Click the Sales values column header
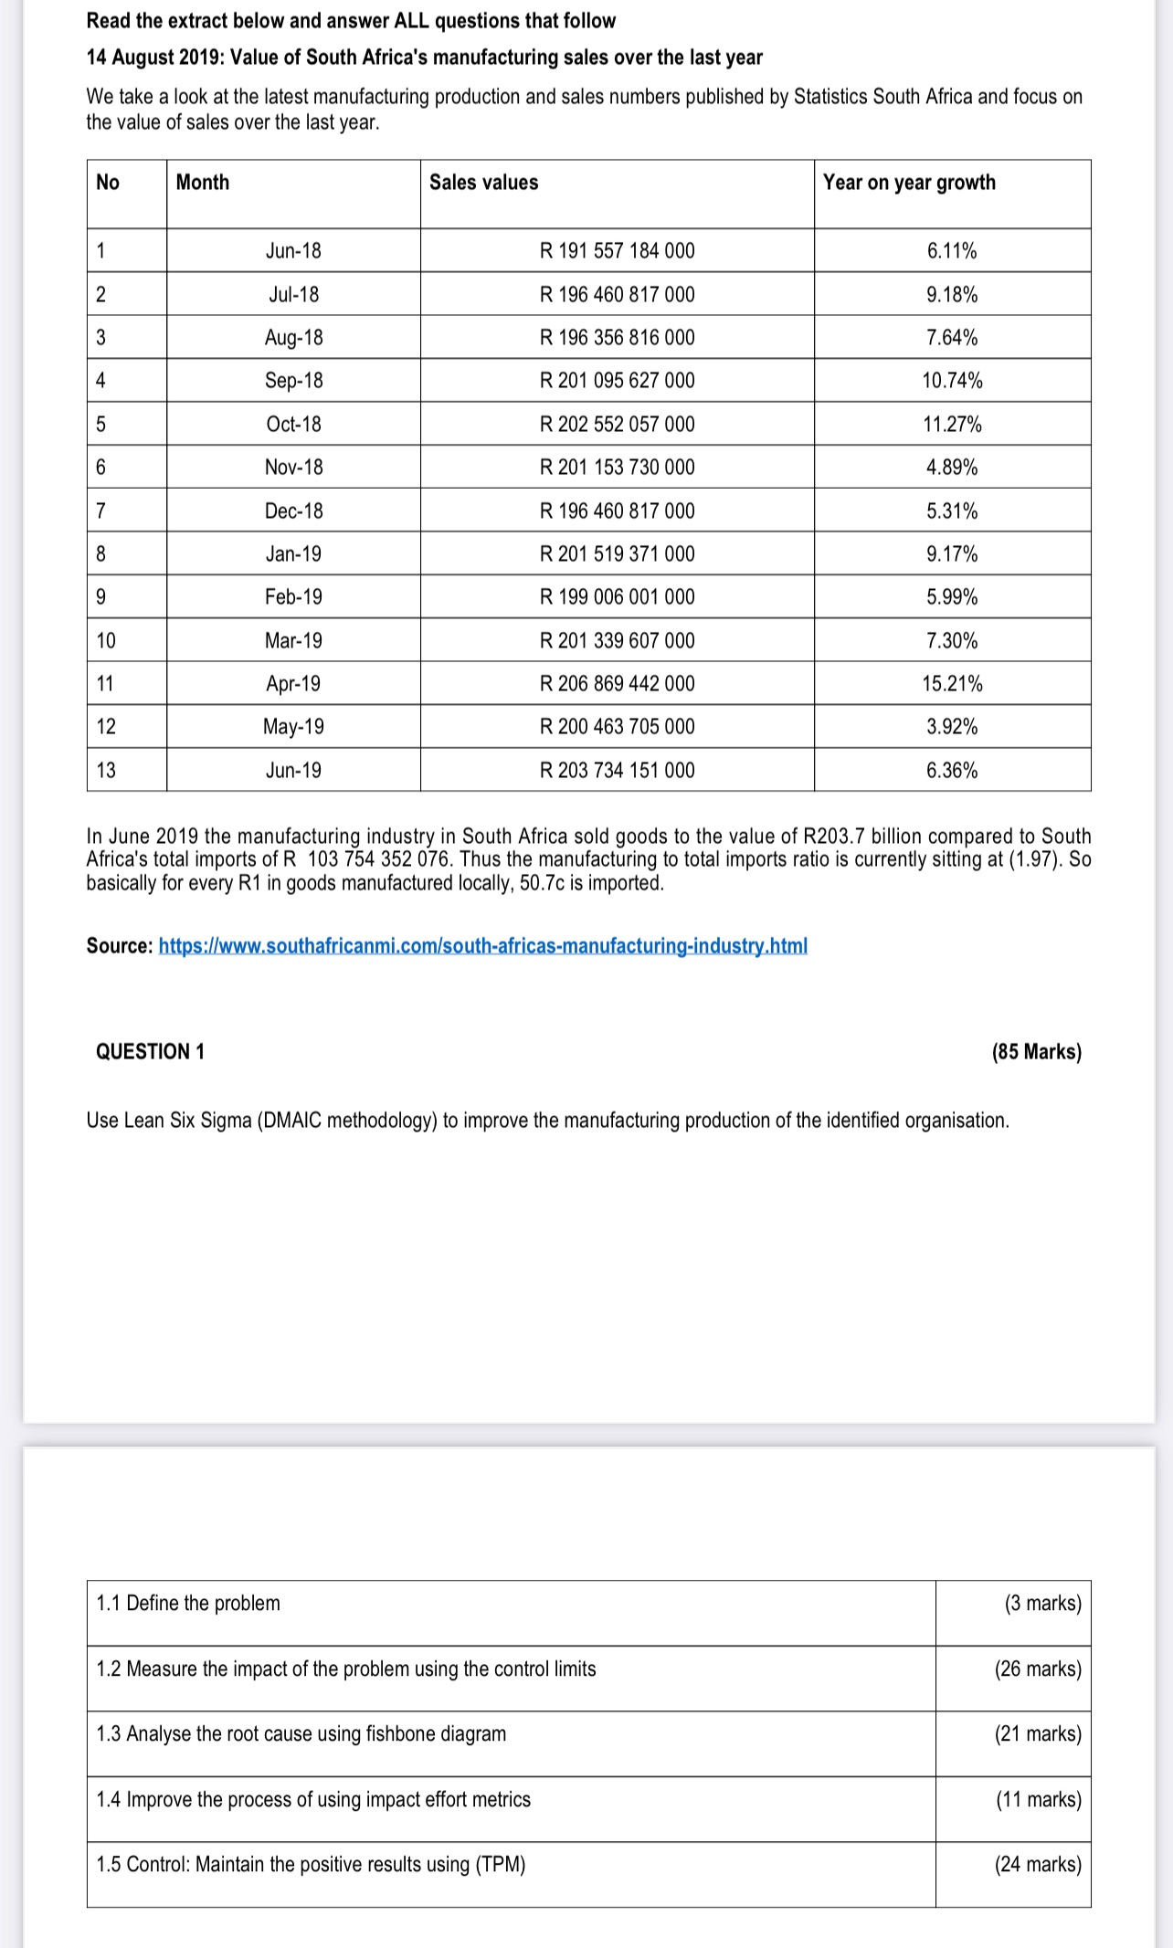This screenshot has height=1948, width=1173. point(483,183)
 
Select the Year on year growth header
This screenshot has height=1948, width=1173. point(908,183)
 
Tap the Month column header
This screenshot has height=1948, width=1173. point(202,183)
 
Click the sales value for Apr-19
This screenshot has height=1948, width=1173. point(617,684)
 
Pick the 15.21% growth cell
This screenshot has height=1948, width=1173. point(952,684)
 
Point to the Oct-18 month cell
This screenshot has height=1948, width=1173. point(293,425)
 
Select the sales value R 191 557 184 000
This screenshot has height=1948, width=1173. point(617,251)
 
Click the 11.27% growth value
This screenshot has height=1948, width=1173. point(952,425)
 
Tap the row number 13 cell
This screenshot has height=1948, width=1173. point(106,771)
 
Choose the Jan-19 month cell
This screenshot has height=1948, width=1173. point(293,554)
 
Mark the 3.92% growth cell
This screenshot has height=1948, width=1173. point(952,727)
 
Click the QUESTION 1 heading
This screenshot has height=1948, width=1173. point(150,1052)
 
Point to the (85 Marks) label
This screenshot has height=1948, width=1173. point(1036,1052)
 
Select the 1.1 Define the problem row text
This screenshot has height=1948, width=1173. point(188,1604)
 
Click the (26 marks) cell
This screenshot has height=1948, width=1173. point(1038,1669)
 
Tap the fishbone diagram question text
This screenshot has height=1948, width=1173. point(301,1734)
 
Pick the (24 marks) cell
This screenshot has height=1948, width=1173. point(1038,1865)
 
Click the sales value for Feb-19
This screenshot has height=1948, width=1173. point(617,597)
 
